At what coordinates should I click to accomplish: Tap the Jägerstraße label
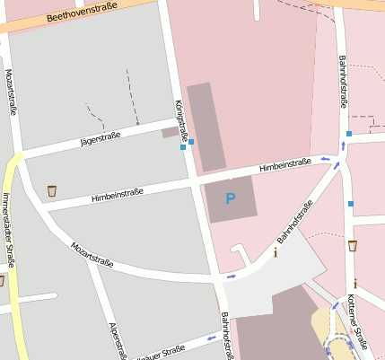tap(101, 137)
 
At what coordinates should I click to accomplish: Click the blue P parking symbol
tap(231, 198)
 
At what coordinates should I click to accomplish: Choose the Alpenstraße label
tap(114, 341)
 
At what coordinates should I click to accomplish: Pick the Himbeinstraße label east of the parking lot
tap(284, 165)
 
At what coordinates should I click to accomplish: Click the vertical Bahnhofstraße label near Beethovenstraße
tap(343, 82)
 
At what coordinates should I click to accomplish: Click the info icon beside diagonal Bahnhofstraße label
tap(276, 252)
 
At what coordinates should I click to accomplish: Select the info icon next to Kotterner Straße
tap(355, 284)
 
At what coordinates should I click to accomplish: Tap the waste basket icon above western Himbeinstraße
tap(51, 190)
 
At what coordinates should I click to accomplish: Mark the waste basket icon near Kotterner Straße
tap(353, 245)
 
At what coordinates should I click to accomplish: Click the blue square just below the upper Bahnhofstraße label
tap(349, 134)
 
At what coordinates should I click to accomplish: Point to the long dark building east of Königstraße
tap(206, 126)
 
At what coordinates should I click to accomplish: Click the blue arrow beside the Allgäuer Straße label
tap(211, 338)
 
